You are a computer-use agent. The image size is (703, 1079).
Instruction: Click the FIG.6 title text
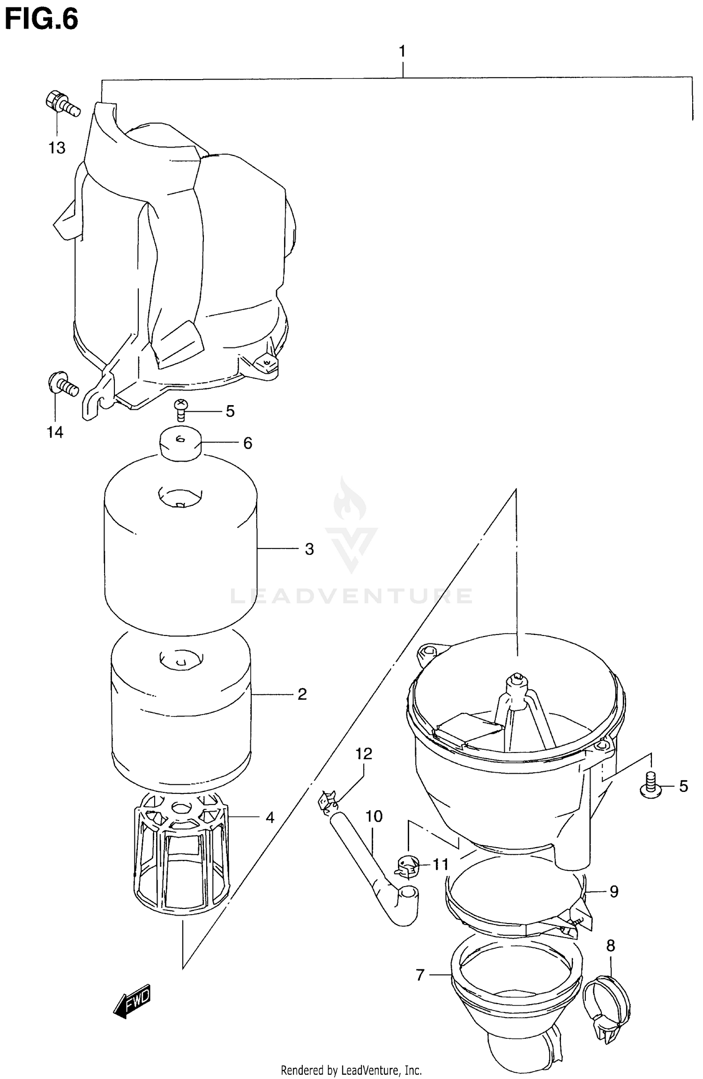click(x=41, y=20)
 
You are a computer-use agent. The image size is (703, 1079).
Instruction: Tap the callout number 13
click(x=57, y=148)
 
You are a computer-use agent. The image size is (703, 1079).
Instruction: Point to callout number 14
click(x=55, y=432)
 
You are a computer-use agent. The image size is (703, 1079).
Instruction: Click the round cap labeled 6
click(x=181, y=443)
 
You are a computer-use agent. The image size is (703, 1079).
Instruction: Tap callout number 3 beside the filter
click(x=309, y=549)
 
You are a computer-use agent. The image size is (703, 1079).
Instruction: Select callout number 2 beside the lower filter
click(x=302, y=694)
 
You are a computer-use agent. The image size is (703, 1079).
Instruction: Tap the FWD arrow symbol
click(x=133, y=1000)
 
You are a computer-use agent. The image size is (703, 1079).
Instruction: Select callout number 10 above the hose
click(x=374, y=817)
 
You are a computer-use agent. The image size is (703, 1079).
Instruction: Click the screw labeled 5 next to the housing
click(x=651, y=786)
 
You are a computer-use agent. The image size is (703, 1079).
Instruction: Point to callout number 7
click(x=419, y=976)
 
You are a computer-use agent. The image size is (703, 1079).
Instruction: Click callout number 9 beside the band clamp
click(x=614, y=892)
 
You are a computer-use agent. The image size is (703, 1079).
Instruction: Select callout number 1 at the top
click(x=402, y=52)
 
